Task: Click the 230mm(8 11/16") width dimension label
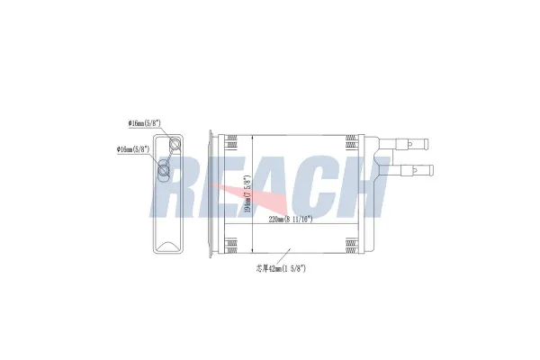tap(289, 219)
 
